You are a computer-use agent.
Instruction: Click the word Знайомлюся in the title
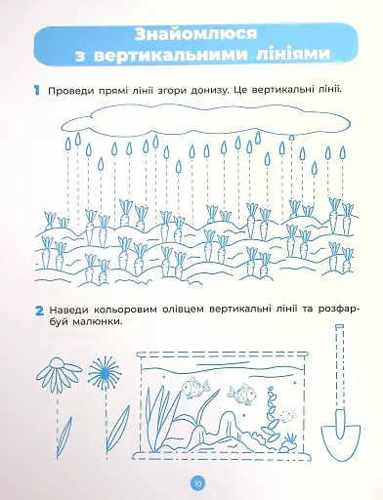tap(195, 35)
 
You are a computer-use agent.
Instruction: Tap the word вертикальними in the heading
tap(170, 55)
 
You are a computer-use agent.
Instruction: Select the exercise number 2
tap(39, 311)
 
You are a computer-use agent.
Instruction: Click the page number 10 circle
tap(198, 483)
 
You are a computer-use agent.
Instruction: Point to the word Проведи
tap(70, 91)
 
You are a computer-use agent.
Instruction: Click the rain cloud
tap(206, 119)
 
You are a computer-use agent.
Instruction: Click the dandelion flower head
tap(104, 372)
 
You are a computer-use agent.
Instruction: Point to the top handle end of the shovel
tap(340, 326)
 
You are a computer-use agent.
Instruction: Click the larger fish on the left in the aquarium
tap(194, 387)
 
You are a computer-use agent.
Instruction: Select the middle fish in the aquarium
tap(241, 393)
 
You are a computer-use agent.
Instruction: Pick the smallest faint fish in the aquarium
tap(286, 416)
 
